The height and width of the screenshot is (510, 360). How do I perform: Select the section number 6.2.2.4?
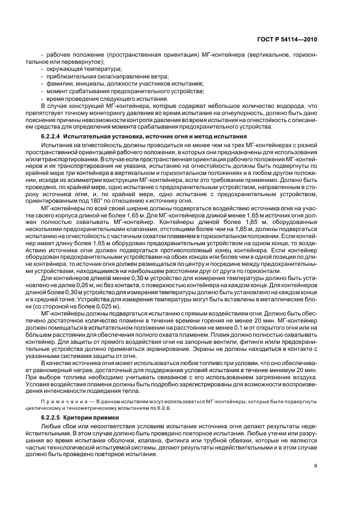[x=51, y=135]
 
